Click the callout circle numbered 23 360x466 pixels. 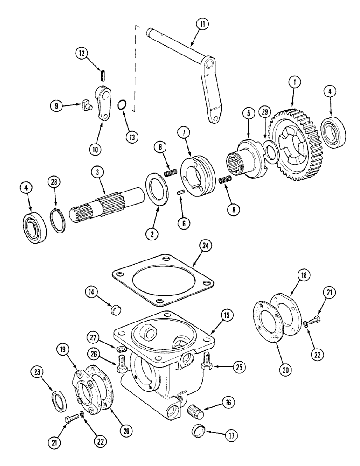37,372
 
